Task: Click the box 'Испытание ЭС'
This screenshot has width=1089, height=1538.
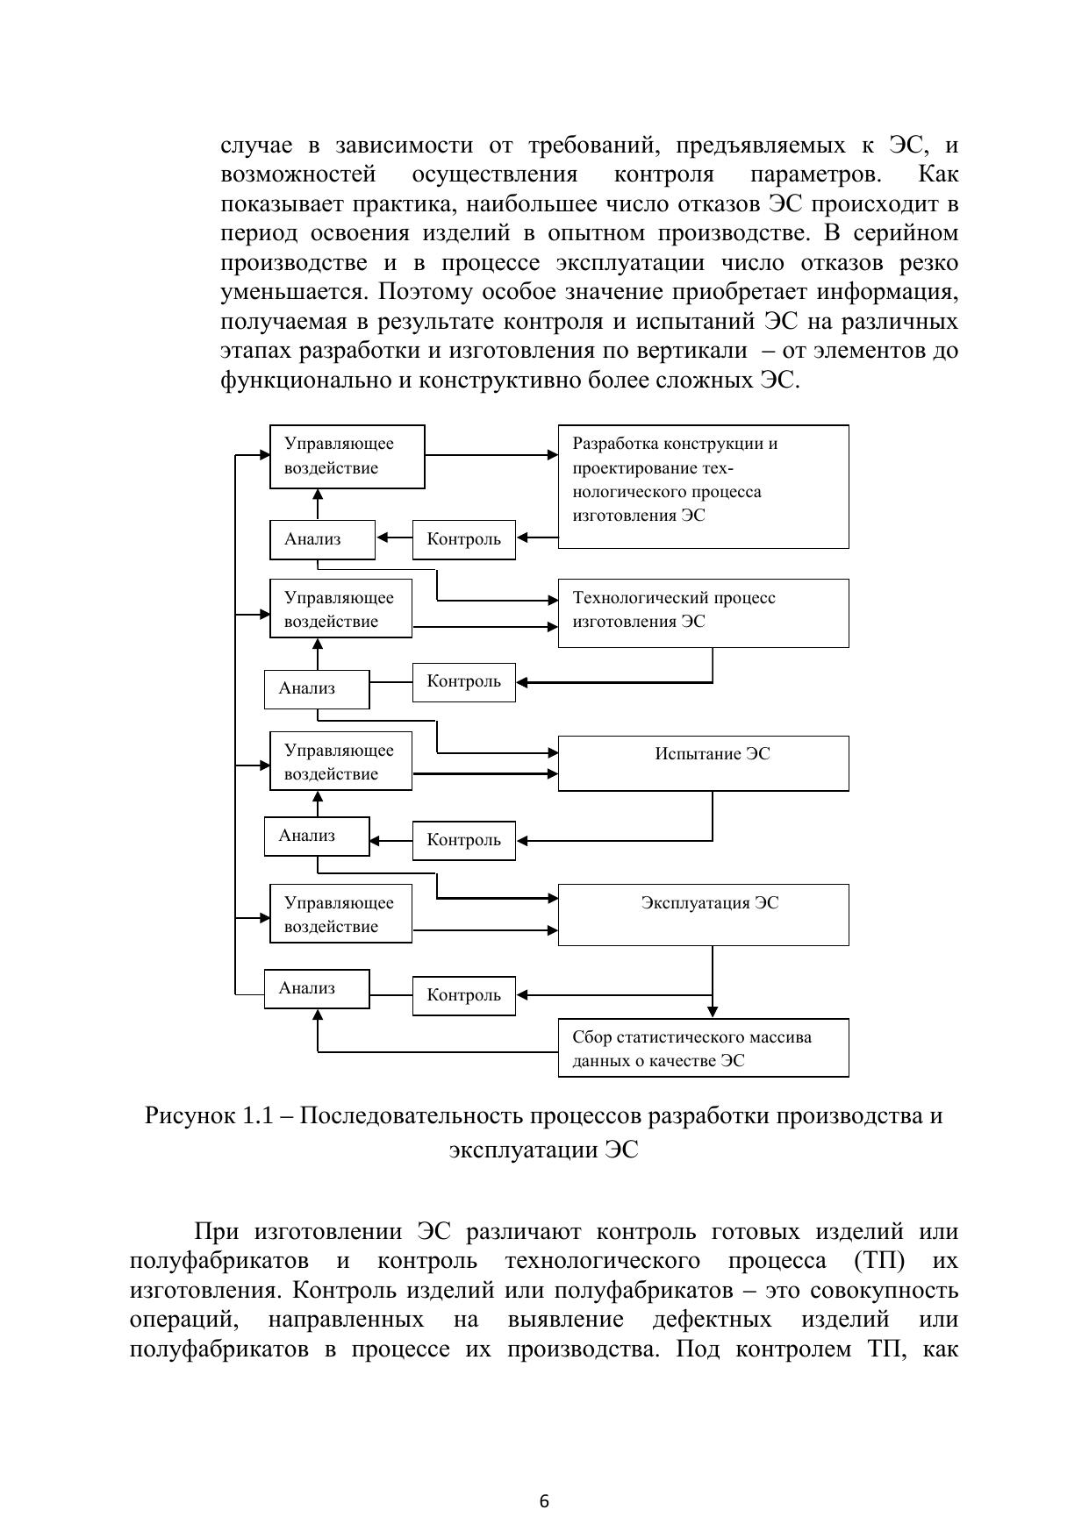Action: coord(703,763)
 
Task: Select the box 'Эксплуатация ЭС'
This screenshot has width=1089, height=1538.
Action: coord(703,915)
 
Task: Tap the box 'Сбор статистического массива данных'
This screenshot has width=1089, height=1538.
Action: coord(703,1048)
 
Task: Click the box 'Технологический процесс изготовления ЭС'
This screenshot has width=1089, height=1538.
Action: coord(703,612)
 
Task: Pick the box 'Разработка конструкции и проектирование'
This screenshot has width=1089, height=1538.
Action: coord(703,486)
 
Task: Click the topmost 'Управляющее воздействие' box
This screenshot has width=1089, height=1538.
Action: coord(347,456)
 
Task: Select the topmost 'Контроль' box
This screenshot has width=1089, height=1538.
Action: coord(463,539)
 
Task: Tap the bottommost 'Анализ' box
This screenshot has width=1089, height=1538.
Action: coord(317,988)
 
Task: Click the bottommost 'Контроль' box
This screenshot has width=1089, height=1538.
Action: coord(463,995)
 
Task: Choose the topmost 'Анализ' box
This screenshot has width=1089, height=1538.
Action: coord(321,539)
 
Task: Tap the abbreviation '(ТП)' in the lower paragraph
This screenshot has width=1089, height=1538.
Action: coord(878,1261)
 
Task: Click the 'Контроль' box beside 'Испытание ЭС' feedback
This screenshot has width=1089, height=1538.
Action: coord(463,840)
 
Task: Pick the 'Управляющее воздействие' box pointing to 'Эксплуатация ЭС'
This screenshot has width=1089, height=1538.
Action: coord(340,914)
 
